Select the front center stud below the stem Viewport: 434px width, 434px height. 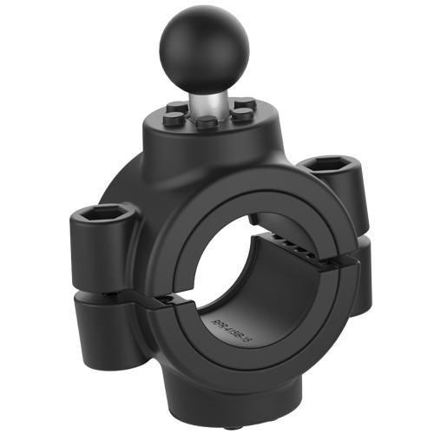[206, 122]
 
